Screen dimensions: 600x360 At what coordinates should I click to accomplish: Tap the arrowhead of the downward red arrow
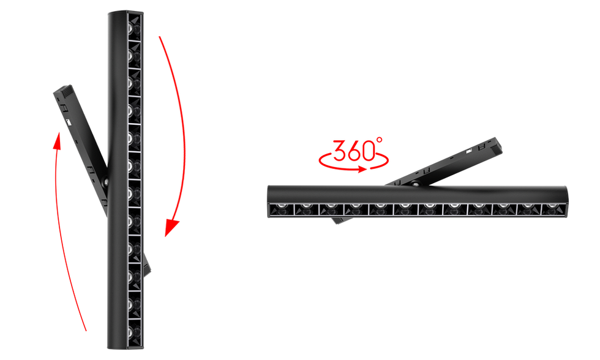tap(171, 230)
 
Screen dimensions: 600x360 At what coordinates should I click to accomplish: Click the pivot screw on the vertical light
tap(107, 182)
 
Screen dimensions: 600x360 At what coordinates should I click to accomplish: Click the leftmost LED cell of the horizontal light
tap(281, 209)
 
